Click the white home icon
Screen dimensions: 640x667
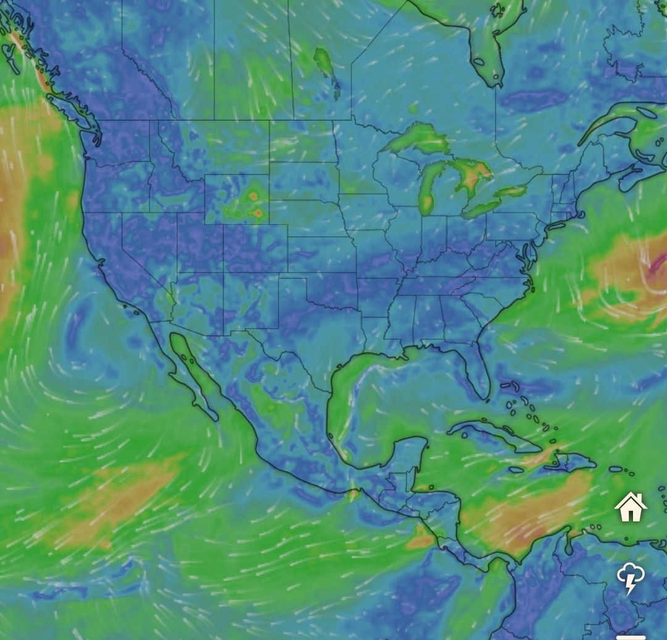coord(631,507)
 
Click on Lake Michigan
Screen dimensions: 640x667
coord(429,185)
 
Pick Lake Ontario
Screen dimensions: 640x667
coord(510,192)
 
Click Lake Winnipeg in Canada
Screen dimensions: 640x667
coord(324,62)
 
